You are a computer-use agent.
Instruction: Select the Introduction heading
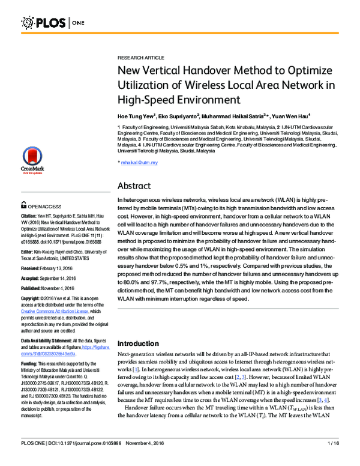click(x=146, y=343)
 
